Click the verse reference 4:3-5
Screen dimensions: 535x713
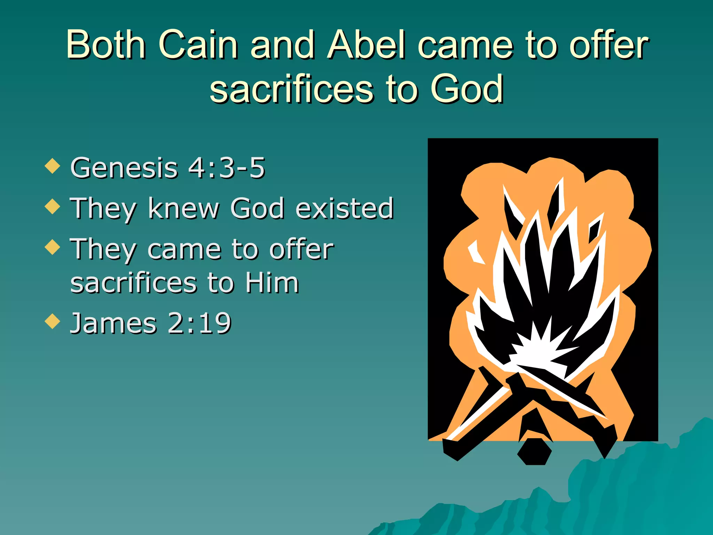[227, 168]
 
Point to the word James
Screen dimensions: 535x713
[113, 323]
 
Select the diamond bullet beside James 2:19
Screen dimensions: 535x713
[53, 321]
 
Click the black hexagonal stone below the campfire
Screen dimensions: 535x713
[534, 452]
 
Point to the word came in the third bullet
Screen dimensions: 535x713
[185, 249]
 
